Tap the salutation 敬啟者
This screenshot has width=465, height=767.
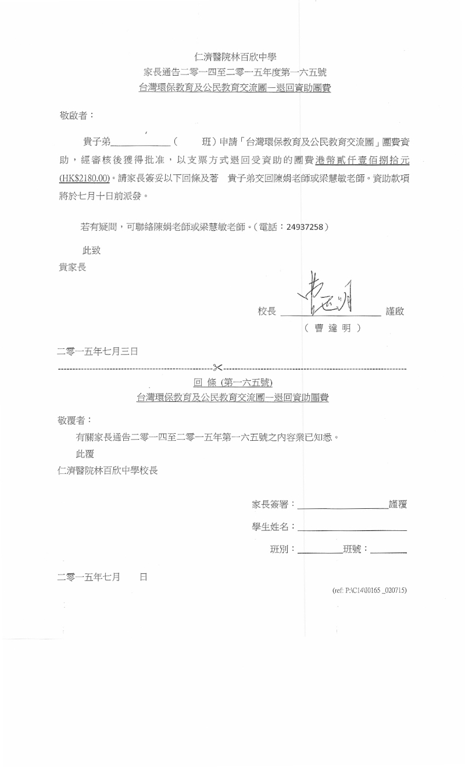73,116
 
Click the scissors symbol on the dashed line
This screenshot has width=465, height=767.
218,367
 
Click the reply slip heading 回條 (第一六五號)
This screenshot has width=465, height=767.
233,383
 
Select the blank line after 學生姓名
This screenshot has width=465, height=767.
352,528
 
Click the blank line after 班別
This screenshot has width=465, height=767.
319,550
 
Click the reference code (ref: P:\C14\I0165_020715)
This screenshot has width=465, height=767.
369,590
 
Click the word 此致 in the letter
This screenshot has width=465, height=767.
92,251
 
